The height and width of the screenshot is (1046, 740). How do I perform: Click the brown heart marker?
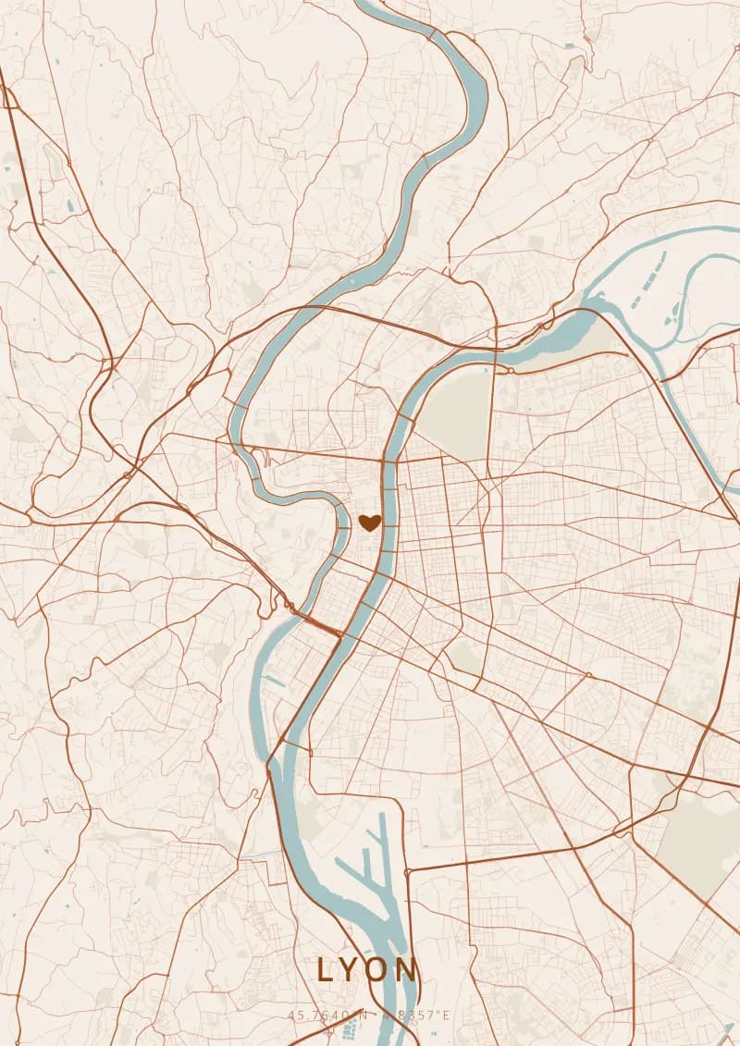(369, 523)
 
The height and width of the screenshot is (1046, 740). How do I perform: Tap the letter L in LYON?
(325, 970)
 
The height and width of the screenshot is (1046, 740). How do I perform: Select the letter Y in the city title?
(349, 970)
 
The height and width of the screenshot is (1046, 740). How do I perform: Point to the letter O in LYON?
(376, 970)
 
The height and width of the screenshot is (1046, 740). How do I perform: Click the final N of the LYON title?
(407, 970)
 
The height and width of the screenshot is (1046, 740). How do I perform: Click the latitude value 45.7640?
(317, 1015)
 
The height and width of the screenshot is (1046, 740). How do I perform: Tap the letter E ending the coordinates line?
(445, 1015)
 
